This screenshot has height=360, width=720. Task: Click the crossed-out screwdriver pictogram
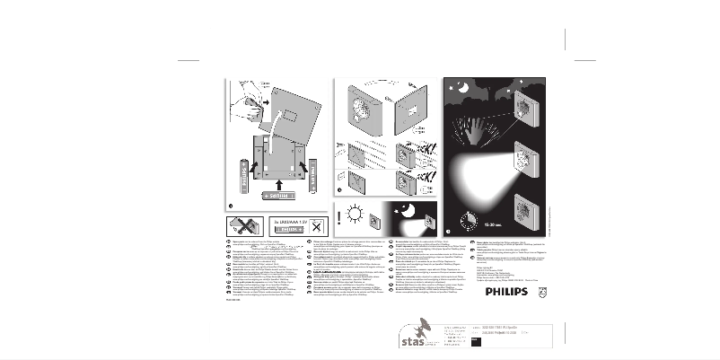242,225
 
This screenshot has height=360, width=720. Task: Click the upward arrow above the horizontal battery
279,180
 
